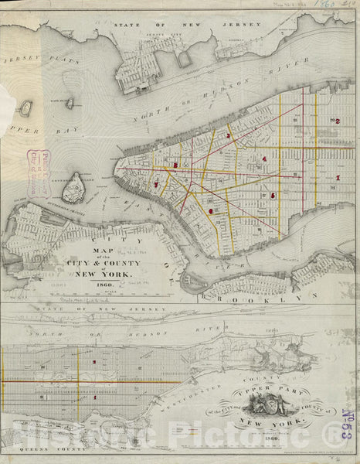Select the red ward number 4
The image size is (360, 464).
tap(265, 159)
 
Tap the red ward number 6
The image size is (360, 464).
tap(210, 210)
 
